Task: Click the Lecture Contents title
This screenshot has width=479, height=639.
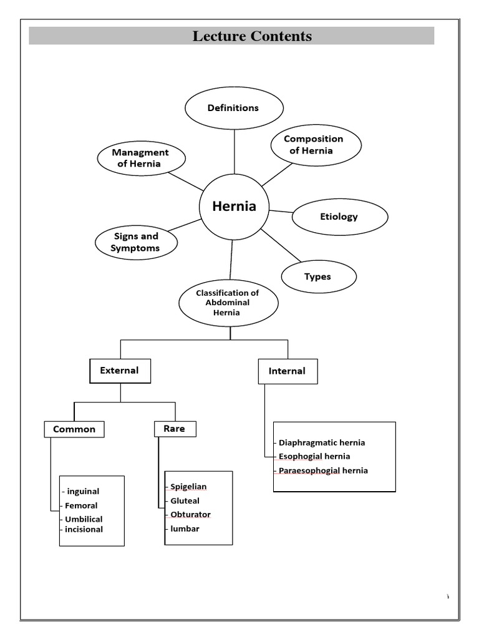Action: (x=252, y=36)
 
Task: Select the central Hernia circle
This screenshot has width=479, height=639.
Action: (x=234, y=207)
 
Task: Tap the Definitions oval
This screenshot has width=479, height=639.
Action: (x=233, y=108)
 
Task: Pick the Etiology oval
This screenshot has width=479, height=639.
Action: (x=339, y=217)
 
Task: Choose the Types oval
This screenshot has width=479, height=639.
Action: (x=318, y=276)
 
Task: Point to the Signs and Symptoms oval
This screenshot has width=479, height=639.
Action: (x=136, y=242)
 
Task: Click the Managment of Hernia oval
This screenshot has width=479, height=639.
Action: (x=141, y=159)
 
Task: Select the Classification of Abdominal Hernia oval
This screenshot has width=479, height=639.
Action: (x=227, y=303)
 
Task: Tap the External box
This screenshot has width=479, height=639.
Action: (x=120, y=371)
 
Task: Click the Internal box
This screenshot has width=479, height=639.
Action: (x=287, y=371)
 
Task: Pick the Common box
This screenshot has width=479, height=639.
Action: (x=74, y=429)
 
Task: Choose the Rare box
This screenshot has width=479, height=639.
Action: (x=174, y=429)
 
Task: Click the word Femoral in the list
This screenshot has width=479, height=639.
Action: (x=81, y=505)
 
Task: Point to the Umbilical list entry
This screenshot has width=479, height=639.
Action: (x=84, y=519)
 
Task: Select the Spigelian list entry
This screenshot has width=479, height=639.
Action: (x=188, y=487)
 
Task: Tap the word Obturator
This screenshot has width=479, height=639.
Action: (x=190, y=515)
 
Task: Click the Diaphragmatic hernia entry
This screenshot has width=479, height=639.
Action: (x=322, y=442)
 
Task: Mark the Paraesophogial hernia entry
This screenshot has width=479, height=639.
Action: (x=323, y=471)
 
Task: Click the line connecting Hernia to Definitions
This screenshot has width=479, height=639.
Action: (x=235, y=151)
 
